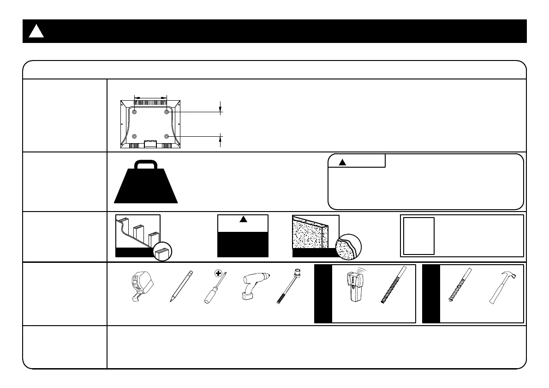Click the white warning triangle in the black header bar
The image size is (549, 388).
click(36, 31)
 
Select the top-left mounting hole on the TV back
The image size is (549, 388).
click(134, 112)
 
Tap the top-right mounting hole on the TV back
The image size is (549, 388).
click(167, 112)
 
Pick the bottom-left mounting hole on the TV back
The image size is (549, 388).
click(134, 136)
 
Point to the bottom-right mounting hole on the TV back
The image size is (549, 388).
click(167, 136)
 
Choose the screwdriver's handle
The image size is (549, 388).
click(208, 297)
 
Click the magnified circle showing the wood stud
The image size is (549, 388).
click(163, 252)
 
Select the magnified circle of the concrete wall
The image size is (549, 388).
click(349, 249)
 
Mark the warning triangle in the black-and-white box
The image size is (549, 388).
click(243, 220)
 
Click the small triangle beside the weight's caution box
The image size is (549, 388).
click(342, 162)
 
